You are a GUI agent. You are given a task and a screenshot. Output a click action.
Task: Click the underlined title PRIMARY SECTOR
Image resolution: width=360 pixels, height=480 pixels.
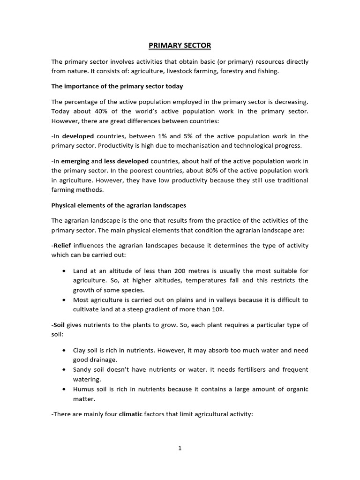click(x=180, y=45)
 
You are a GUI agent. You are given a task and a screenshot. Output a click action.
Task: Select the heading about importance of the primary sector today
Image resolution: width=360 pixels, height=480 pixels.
click(x=117, y=86)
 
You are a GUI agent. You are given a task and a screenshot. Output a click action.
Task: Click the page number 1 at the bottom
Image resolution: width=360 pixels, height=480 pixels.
click(x=180, y=448)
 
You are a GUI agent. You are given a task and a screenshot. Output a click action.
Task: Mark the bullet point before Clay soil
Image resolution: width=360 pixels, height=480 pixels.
click(x=64, y=351)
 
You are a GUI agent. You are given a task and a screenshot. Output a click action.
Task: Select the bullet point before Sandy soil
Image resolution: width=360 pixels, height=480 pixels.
click(x=64, y=370)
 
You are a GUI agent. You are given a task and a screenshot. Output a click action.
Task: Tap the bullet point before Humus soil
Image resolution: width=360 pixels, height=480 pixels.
click(x=64, y=390)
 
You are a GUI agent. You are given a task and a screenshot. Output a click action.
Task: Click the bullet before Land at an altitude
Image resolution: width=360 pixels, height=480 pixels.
click(x=64, y=271)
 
